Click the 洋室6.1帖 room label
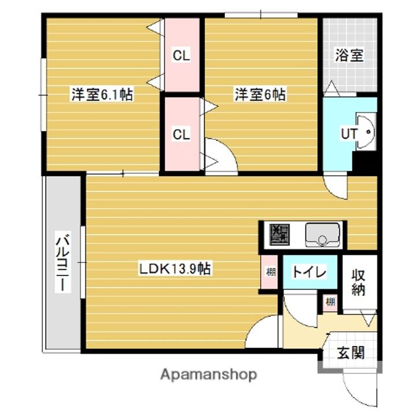[x=102, y=94]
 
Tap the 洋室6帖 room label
[x=259, y=94]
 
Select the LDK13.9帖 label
[x=174, y=269]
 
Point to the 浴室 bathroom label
[x=349, y=55]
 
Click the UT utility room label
[x=348, y=133]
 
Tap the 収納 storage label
[x=359, y=282]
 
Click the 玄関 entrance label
[x=351, y=352]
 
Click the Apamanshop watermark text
[x=209, y=375]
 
